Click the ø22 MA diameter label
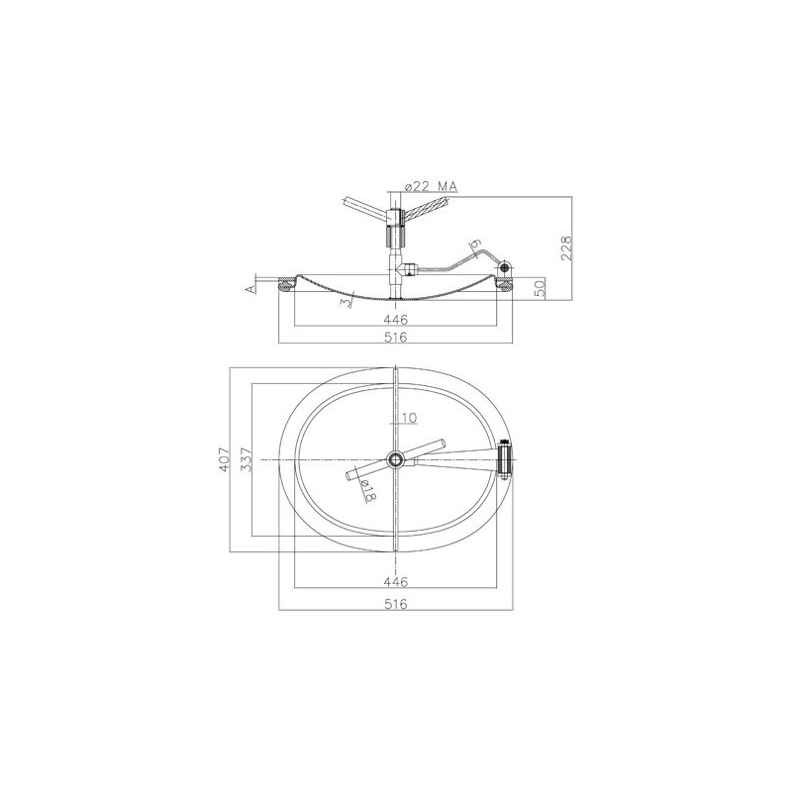pos(431,186)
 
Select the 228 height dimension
pos(566,247)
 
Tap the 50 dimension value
pos(540,289)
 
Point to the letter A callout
pos(249,288)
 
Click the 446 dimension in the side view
pos(395,319)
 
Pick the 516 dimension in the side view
pos(395,337)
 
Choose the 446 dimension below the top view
pos(395,582)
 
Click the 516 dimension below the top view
pos(395,604)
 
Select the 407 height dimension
pos(224,459)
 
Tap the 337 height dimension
pos(246,459)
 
